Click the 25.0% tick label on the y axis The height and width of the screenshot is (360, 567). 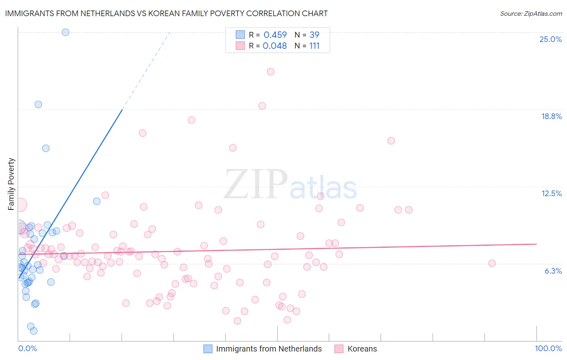pos(550,39)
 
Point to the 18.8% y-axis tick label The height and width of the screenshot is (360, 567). pos(551,116)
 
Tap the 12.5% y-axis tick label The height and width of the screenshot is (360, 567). pos(551,193)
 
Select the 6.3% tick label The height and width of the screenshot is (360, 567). pos(553,271)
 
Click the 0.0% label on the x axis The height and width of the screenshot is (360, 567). pos(27,348)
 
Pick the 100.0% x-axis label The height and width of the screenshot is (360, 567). pos(548,348)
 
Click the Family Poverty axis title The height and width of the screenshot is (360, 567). pos(11,184)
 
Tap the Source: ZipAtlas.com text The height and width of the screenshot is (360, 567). pos(531,13)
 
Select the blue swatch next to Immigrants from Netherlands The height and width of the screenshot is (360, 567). pos(208,349)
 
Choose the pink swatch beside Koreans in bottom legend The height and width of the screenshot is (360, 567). pos(339,349)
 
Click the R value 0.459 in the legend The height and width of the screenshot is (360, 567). pos(275,35)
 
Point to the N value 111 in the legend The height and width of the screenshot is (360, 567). pos(314,46)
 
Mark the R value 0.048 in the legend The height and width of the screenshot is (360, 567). pos(275,46)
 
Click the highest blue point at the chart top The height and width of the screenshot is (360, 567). pos(65,32)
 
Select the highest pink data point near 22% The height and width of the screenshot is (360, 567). pos(271,71)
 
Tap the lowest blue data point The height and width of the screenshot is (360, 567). pos(34,331)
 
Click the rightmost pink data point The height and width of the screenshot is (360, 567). pos(492,263)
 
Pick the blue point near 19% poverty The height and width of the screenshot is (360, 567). pos(38,104)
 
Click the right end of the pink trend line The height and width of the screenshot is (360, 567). pos(536,244)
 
